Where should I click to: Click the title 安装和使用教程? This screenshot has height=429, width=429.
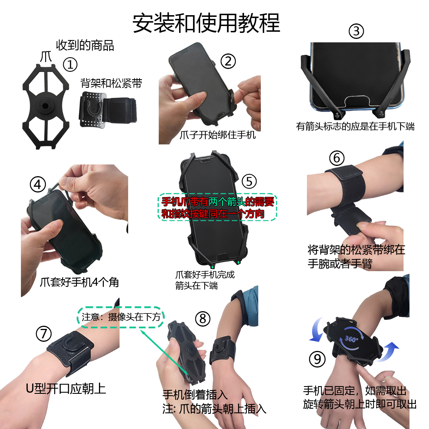pos(206,23)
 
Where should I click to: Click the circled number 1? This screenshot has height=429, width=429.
pos(70,64)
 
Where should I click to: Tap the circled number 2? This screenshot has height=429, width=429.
pos(228,61)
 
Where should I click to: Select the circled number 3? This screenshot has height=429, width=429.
pos(356,31)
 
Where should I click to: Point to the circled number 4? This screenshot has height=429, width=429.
pos(38,185)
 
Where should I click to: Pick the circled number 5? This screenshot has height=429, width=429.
pos(249,181)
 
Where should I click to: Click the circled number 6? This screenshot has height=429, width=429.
pos(337,158)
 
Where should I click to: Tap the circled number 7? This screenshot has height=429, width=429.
pos(43,333)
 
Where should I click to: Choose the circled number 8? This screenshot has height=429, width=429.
pos(202,319)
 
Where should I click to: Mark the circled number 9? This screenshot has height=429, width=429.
pos(317,359)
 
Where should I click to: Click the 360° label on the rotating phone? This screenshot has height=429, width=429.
pos(351,339)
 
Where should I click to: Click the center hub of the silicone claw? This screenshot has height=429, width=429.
pos(45,106)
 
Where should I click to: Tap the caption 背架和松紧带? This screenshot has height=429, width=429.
pos(111,83)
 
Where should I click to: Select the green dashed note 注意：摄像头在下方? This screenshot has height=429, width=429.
pos(121,317)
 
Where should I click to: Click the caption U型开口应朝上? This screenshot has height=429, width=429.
pos(66,389)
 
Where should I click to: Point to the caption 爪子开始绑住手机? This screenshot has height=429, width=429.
pos(217,135)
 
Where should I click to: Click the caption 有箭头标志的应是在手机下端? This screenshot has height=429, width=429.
pos(355,126)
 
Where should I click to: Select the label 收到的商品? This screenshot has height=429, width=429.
pos(85,45)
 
